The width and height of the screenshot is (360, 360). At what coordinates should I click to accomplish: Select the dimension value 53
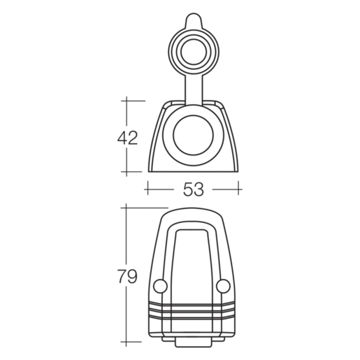(x=193, y=188)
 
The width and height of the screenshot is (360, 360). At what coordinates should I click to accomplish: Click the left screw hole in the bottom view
(x=159, y=287)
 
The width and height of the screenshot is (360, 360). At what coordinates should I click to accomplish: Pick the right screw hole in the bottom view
(x=223, y=287)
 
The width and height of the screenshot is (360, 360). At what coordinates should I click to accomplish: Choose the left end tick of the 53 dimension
(x=147, y=188)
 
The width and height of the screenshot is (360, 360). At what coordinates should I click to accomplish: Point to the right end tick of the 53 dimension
(x=239, y=188)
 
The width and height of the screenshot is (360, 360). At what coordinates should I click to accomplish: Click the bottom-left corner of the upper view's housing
(x=148, y=171)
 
